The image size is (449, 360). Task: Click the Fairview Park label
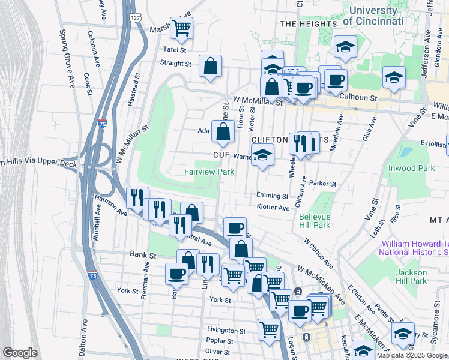click(208, 172)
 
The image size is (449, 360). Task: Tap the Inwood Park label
click(411, 168)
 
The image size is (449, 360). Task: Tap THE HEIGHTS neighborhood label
click(308, 23)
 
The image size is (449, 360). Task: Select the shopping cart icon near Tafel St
click(182, 27)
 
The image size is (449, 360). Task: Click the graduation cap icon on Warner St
click(262, 155)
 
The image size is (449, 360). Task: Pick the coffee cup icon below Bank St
click(176, 273)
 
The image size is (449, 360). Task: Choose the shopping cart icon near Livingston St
click(269, 328)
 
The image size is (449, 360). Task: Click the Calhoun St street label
click(358, 97)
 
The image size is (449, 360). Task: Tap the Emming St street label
click(272, 196)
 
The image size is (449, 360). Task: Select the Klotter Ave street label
click(273, 208)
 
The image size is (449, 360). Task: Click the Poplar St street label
click(220, 340)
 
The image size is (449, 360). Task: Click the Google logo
click(20, 353)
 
